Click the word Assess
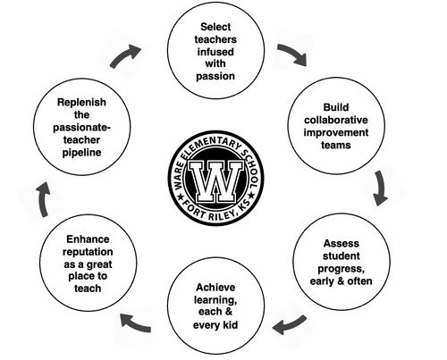[x=340, y=242]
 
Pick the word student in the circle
[x=341, y=257]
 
